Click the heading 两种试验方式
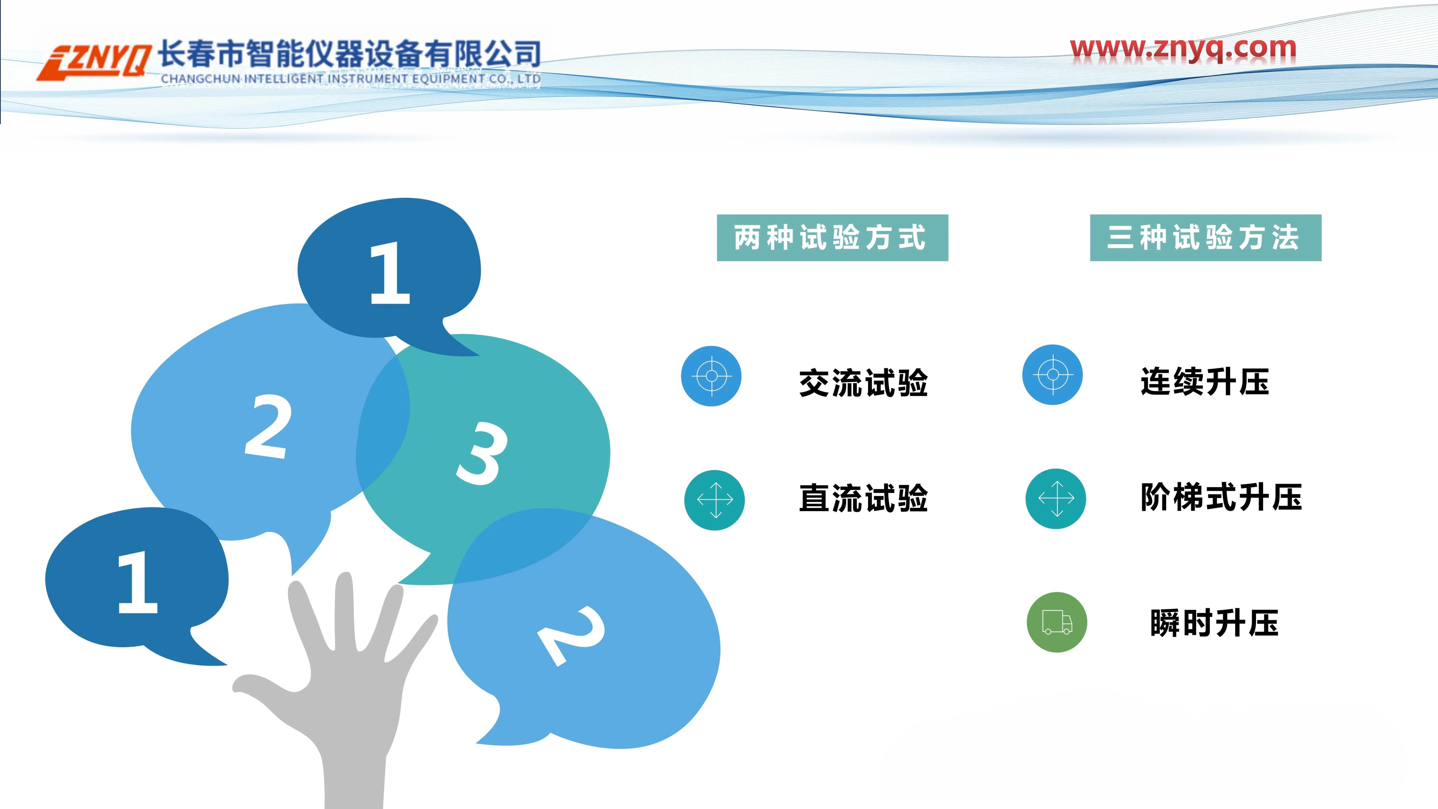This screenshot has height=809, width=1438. tap(832, 237)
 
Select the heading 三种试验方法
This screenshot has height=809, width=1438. tap(1205, 237)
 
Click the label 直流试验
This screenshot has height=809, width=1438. tap(863, 498)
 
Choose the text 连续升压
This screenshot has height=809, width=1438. tap(1205, 382)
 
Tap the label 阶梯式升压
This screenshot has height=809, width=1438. tap(1221, 497)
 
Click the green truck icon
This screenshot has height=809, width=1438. tap(1057, 622)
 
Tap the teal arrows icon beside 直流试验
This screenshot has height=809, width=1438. tap(715, 500)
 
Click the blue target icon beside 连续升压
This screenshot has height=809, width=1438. tap(1052, 375)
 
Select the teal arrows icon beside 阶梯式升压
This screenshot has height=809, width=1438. tap(1056, 499)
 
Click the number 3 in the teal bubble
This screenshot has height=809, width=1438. tap(481, 453)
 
